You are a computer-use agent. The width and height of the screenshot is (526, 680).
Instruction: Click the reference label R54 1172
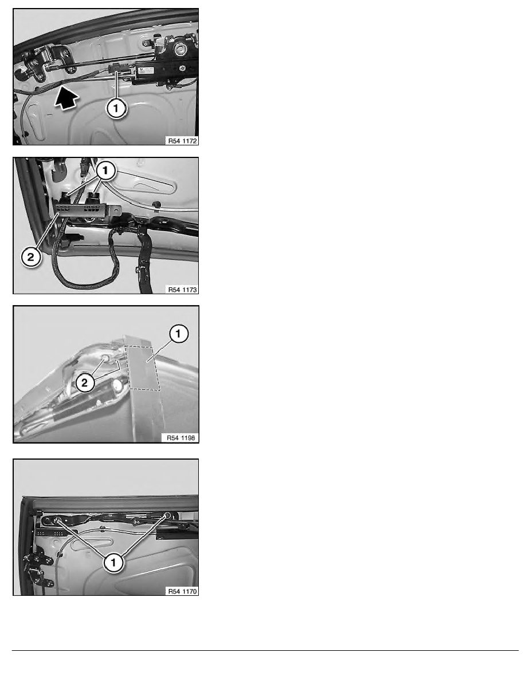182,141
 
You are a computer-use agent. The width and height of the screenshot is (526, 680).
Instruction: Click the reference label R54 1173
182,290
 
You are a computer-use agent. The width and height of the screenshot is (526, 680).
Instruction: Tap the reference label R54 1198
181,438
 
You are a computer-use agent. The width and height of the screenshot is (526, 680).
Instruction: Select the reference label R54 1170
182,591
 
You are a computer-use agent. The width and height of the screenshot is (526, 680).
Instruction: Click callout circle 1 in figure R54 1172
116,108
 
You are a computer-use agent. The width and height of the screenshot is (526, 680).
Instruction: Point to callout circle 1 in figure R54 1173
105,171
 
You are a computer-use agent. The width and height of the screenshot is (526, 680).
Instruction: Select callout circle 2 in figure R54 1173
31,257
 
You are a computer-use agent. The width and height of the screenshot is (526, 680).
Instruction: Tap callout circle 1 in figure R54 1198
178,334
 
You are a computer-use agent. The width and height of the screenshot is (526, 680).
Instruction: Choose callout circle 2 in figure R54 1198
85,382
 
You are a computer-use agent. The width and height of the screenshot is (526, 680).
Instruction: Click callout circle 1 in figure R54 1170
113,563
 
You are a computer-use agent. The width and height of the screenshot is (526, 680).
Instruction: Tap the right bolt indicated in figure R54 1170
168,515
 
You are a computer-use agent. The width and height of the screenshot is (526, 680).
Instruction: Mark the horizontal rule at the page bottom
265,650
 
